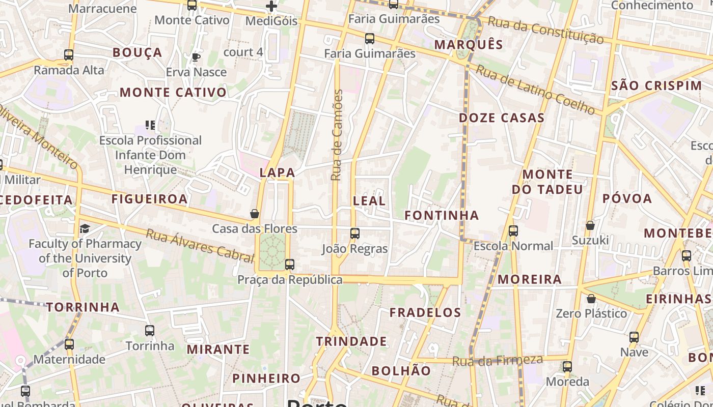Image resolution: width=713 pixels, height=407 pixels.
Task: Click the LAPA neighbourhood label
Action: (278, 172)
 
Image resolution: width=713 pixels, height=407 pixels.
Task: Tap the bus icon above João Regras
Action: (355, 234)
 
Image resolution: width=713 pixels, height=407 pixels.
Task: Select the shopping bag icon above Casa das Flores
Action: (255, 214)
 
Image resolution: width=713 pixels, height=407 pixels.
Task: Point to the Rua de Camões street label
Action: (337, 135)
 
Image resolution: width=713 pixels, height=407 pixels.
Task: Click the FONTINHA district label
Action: (442, 215)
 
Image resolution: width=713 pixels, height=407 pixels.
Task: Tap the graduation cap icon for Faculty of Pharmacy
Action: (85, 228)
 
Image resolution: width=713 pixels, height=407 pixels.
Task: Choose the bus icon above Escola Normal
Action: (513, 231)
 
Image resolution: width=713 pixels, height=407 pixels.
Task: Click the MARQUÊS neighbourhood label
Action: (469, 44)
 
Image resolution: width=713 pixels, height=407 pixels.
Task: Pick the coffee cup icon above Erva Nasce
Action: (196, 57)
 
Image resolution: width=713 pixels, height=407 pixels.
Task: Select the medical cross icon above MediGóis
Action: (271, 6)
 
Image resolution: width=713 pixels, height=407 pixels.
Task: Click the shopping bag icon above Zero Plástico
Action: (591, 299)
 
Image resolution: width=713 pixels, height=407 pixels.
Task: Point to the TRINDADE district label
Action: (351, 341)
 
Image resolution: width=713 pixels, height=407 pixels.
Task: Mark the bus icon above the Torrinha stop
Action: (150, 331)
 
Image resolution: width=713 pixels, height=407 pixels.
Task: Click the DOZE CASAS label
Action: (502, 118)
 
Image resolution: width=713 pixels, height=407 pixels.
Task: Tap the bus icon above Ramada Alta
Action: (69, 55)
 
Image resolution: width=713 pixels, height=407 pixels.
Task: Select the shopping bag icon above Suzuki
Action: (590, 225)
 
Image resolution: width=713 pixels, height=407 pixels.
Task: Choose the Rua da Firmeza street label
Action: (498, 361)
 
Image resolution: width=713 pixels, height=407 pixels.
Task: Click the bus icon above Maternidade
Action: (69, 344)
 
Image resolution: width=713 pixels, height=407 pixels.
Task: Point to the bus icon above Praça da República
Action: (290, 265)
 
